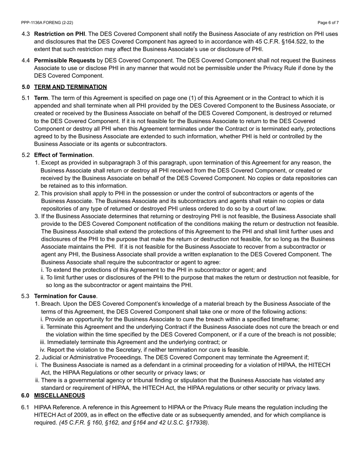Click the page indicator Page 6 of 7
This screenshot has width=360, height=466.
pyautogui.click(x=328, y=23)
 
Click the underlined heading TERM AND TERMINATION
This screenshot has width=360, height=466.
pyautogui.click(x=70, y=87)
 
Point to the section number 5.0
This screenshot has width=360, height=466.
pyautogui.click(x=26, y=87)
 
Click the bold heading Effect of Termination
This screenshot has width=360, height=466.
pyautogui.click(x=63, y=155)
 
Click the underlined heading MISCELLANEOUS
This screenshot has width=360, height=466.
pyautogui.click(x=59, y=396)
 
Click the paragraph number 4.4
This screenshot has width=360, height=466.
pyautogui.click(x=26, y=60)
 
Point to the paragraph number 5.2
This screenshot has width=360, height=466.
pyautogui.click(x=26, y=155)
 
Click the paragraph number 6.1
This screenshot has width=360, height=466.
pyautogui.click(x=26, y=407)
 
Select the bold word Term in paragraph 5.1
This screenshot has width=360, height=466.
pyautogui.click(x=41, y=98)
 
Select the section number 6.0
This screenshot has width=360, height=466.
pyautogui.click(x=26, y=396)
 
